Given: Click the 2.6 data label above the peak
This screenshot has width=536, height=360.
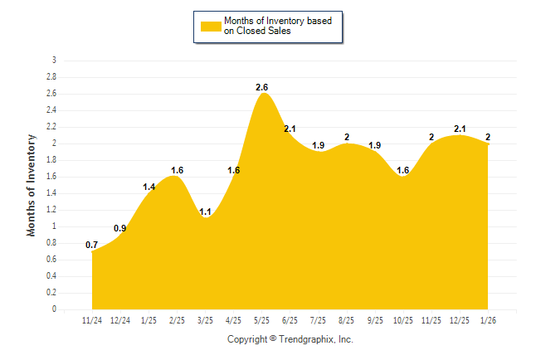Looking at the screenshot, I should [262, 87].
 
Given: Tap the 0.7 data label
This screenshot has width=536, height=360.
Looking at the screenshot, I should [92, 245].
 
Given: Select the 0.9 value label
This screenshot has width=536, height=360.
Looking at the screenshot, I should [120, 228].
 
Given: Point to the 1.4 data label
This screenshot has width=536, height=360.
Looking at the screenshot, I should [149, 187].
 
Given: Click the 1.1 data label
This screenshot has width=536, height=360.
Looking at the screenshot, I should [206, 212].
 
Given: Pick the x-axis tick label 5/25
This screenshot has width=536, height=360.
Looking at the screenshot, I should [262, 319].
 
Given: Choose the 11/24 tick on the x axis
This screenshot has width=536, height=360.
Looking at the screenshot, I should [92, 319].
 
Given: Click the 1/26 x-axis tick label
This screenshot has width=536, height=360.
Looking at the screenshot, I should [488, 319].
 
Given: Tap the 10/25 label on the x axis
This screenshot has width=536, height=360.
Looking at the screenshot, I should [403, 319].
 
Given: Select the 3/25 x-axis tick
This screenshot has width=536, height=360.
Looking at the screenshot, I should [206, 319].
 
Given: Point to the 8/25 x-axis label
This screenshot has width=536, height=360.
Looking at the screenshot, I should [347, 319].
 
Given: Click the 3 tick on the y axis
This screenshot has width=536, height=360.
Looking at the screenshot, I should [54, 61].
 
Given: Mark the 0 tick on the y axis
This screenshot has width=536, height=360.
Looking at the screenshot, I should [54, 309].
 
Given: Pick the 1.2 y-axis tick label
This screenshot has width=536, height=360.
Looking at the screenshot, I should [51, 210].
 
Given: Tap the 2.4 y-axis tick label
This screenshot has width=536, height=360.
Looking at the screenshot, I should [51, 110].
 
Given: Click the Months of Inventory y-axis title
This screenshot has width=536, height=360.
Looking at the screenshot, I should [32, 185].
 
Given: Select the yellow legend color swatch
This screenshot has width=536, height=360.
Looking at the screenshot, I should [211, 27].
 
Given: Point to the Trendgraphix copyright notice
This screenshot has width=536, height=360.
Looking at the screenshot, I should [290, 339].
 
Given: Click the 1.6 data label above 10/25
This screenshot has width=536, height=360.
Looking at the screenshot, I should [403, 170].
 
